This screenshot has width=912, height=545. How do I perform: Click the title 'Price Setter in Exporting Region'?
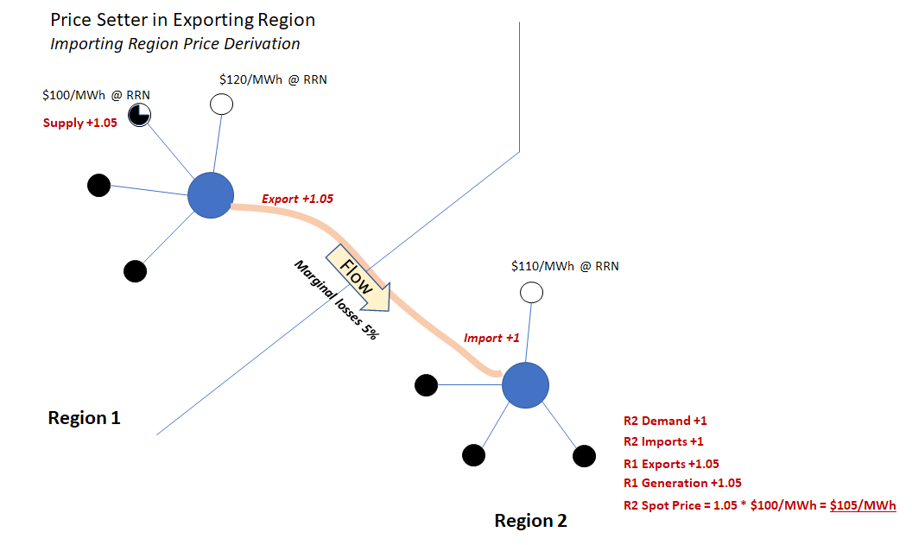(182, 21)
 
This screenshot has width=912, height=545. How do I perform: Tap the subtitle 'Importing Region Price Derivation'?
(175, 44)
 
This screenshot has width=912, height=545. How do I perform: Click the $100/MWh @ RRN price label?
(96, 95)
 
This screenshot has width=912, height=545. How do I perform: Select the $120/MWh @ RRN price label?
(273, 79)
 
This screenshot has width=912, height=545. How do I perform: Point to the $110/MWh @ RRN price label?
(565, 266)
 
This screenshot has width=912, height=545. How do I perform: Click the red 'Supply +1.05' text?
(80, 123)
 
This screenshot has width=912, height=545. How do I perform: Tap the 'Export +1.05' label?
(297, 199)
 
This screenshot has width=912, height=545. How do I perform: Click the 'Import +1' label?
(491, 338)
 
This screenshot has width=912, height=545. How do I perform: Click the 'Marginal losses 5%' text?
(336, 300)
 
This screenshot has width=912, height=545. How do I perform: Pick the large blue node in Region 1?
(211, 195)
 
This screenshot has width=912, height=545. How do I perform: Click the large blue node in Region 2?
(525, 385)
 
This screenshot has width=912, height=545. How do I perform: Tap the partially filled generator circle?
(139, 115)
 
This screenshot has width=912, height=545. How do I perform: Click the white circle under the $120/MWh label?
(221, 105)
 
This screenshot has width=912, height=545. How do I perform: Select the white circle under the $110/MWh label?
(531, 292)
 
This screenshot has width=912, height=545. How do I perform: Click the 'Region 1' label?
(85, 418)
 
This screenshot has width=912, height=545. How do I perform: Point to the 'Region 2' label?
(530, 520)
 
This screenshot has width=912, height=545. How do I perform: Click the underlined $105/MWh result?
(863, 505)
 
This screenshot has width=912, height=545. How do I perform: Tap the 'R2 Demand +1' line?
(665, 421)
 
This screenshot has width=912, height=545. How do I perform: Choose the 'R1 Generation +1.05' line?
(682, 483)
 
